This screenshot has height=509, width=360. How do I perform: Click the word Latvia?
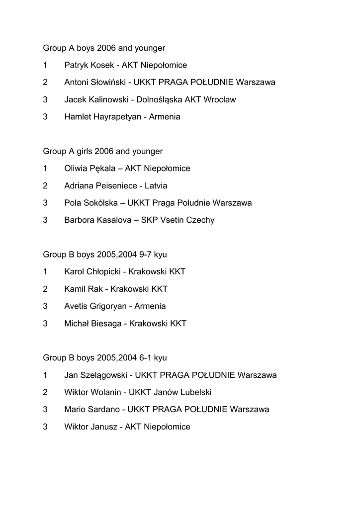156,186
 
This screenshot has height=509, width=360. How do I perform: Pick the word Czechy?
200,220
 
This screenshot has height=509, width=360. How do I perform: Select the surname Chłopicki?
106,272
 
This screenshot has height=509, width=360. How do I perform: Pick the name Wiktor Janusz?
90,427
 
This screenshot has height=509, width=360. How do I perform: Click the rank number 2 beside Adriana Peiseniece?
45,186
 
